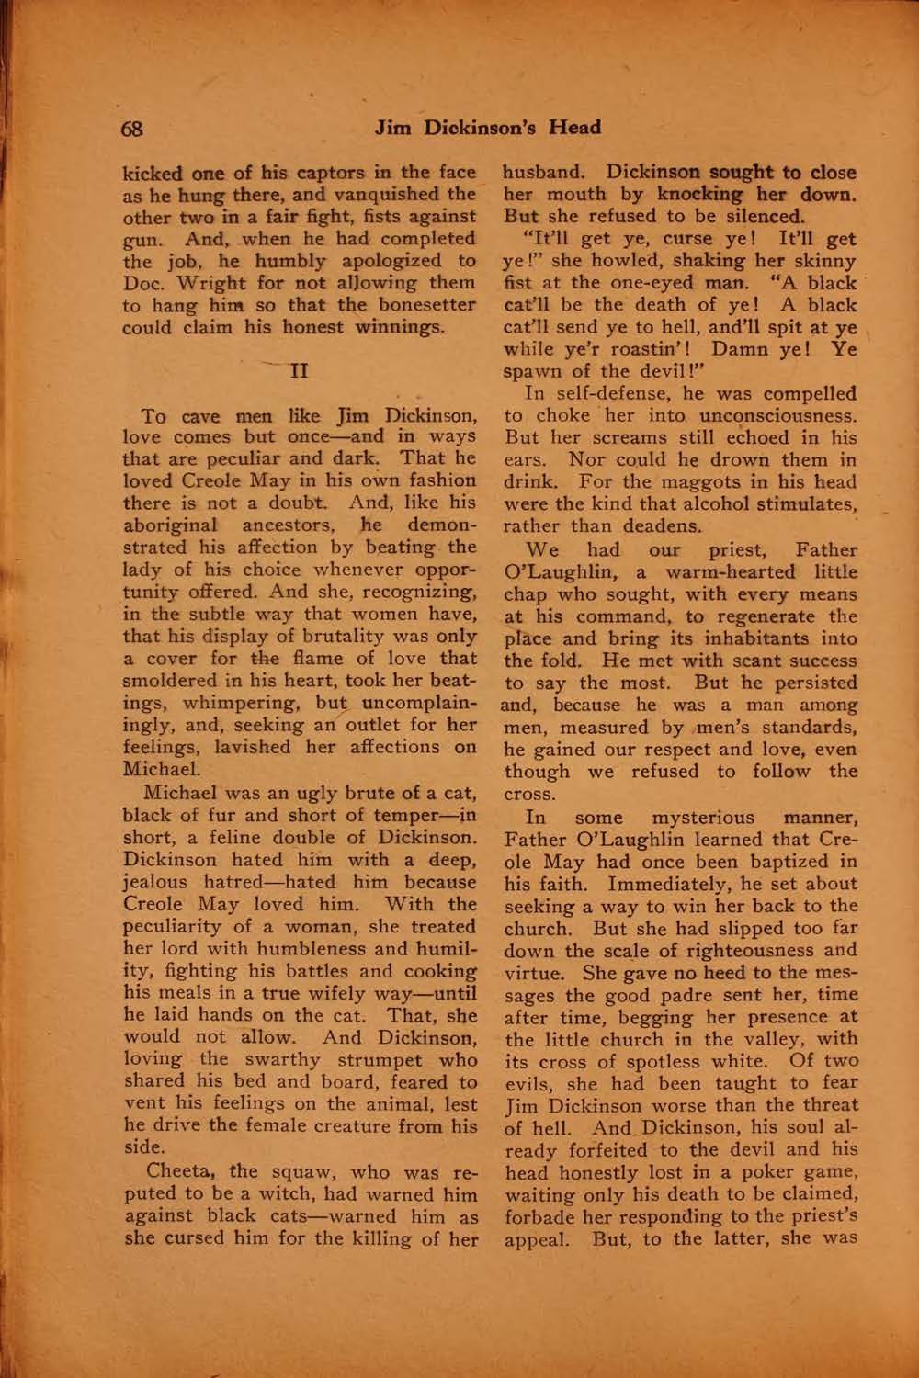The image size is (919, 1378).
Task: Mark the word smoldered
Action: [x=168, y=681]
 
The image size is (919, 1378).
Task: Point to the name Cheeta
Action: [x=180, y=1171]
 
